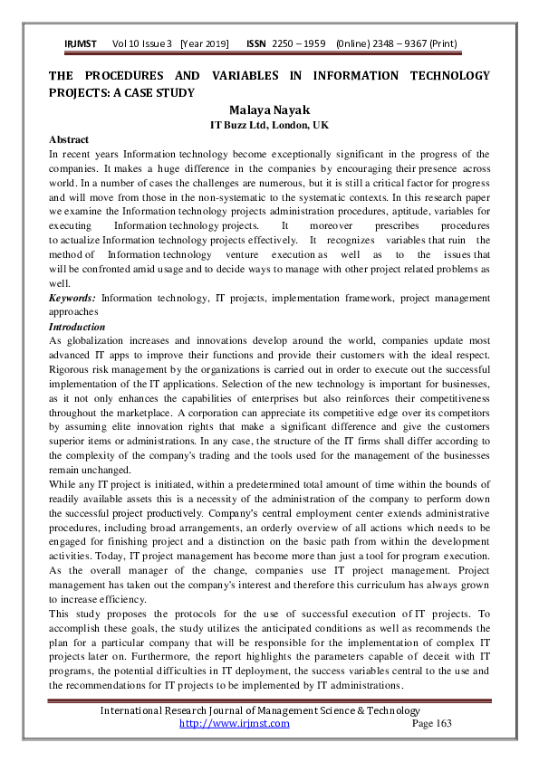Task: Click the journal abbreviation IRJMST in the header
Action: (82, 43)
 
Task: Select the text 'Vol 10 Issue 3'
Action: (142, 43)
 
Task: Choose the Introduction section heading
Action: (77, 326)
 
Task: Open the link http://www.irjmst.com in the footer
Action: (235, 723)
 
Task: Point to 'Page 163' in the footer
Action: (431, 723)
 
